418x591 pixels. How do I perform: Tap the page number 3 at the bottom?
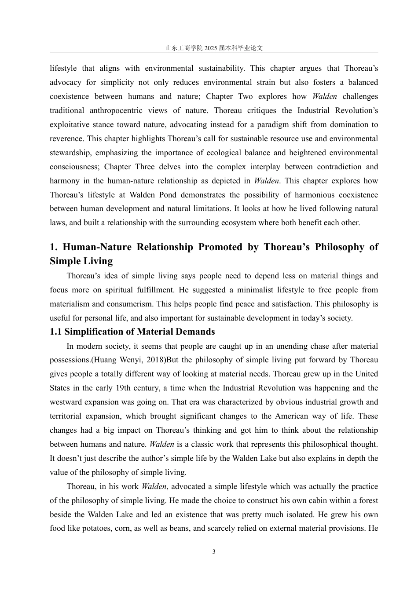214,552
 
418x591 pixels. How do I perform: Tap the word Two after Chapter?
246,96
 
